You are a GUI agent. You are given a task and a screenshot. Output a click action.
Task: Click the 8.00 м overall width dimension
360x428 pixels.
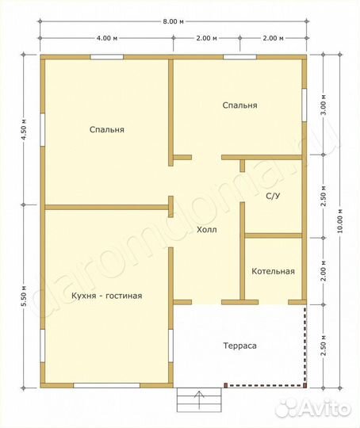[x=173, y=21]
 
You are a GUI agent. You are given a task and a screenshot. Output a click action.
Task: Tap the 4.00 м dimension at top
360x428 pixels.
[x=107, y=38]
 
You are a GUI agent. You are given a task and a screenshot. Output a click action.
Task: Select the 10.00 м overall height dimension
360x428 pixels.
[x=339, y=221]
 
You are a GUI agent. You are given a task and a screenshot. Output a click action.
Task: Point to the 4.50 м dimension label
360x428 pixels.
[x=24, y=129]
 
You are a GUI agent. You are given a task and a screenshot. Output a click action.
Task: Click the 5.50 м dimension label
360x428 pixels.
[x=24, y=296]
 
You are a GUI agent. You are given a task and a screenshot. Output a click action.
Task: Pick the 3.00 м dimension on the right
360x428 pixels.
[x=324, y=105]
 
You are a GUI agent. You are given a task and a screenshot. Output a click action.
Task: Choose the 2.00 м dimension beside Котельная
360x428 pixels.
[x=324, y=271]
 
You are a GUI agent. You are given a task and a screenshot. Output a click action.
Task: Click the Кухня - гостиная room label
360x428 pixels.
[x=107, y=296]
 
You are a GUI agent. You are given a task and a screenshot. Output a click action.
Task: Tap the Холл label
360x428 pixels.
[x=207, y=230]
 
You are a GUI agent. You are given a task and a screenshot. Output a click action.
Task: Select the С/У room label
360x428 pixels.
[x=273, y=196]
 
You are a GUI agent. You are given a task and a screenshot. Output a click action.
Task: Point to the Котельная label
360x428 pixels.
[x=273, y=271]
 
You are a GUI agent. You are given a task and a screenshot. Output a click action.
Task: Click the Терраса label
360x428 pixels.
[x=239, y=346]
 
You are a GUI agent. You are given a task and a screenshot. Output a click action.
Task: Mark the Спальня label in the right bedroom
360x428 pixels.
[x=239, y=105]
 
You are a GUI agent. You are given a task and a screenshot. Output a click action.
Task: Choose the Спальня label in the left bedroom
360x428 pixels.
[x=107, y=129]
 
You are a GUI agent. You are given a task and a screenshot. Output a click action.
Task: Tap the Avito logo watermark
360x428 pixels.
[x=312, y=409]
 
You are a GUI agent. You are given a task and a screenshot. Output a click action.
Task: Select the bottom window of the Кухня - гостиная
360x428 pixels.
[x=107, y=385]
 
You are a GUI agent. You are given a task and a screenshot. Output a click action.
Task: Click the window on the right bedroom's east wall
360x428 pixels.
[x=304, y=105]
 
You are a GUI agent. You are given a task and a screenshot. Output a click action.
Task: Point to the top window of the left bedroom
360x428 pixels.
[x=107, y=57]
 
